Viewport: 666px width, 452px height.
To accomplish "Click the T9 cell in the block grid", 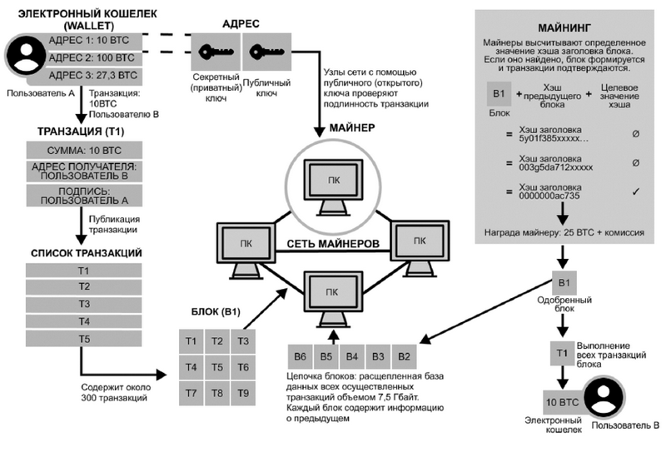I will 242,391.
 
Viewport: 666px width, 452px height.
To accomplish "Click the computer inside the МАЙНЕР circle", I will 331,184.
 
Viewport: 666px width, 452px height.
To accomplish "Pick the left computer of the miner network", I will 241,240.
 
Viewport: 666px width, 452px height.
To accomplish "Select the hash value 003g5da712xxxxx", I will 557,166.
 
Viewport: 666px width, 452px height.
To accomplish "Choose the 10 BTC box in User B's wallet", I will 561,403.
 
